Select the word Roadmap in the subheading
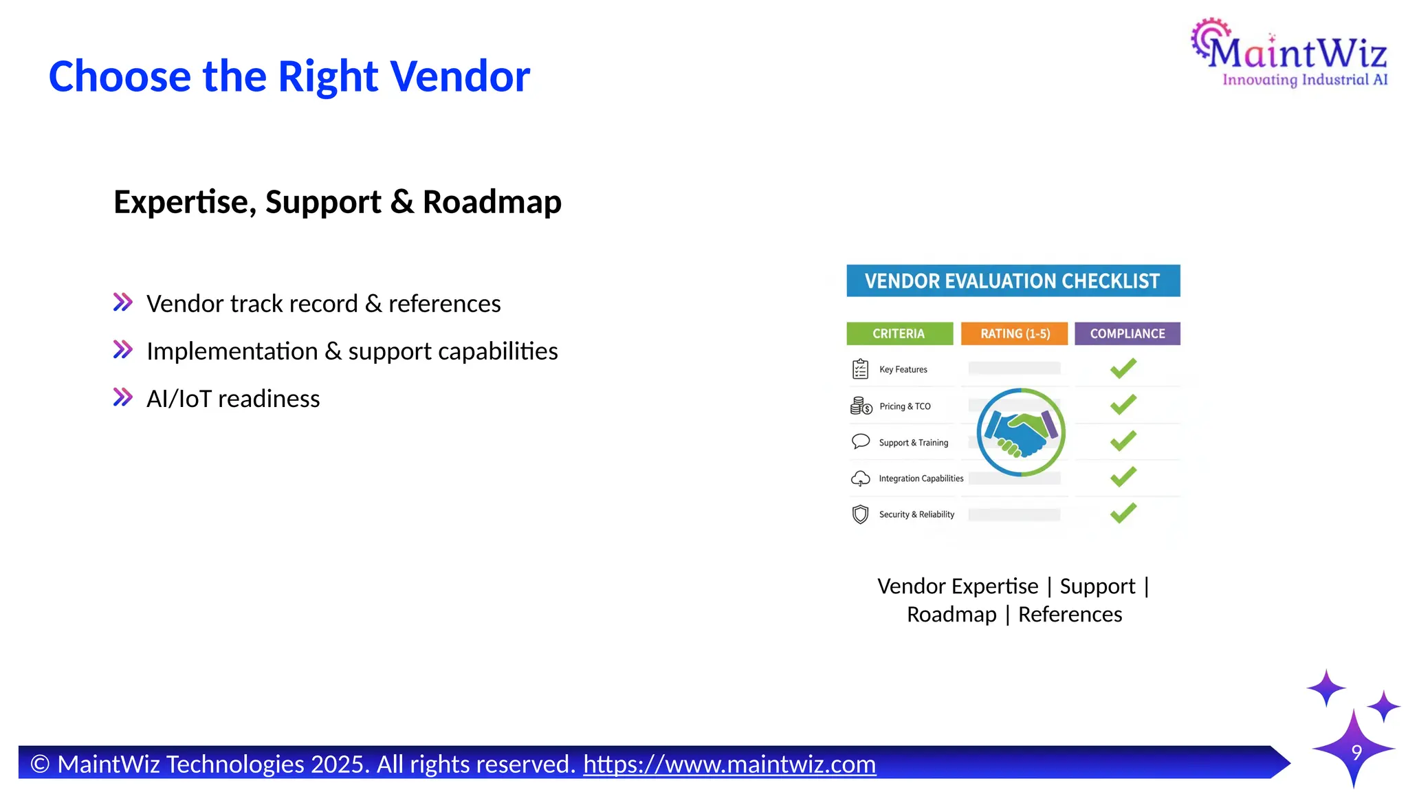pyautogui.click(x=492, y=202)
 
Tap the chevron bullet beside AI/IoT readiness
pyautogui.click(x=122, y=397)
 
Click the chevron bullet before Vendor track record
pyautogui.click(x=122, y=302)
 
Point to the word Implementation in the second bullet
pyautogui.click(x=232, y=351)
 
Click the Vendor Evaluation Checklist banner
pyautogui.click(x=1013, y=281)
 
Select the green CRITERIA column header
pyautogui.click(x=899, y=334)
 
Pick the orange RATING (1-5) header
pyautogui.click(x=1015, y=334)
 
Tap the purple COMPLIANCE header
pyautogui.click(x=1127, y=334)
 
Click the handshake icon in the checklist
pyautogui.click(x=1021, y=432)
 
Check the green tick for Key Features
pyautogui.click(x=1123, y=368)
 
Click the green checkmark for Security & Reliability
pyautogui.click(x=1123, y=513)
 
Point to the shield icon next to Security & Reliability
pyautogui.click(x=860, y=514)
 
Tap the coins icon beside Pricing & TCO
pyautogui.click(x=861, y=406)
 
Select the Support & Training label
pyautogui.click(x=913, y=443)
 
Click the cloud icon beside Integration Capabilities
pyautogui.click(x=860, y=478)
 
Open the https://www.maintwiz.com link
pyautogui.click(x=729, y=764)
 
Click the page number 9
pyautogui.click(x=1356, y=752)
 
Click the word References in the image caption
pyautogui.click(x=1070, y=615)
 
